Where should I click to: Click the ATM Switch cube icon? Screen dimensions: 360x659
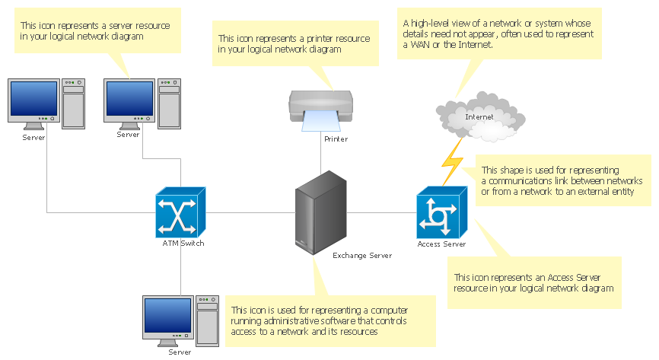pos(180,214)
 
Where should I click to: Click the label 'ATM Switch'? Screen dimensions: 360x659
pos(183,244)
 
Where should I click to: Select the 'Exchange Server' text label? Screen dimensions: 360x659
pos(362,256)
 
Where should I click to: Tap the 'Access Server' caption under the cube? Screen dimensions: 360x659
pos(441,244)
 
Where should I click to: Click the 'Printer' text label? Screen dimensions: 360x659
pos(336,139)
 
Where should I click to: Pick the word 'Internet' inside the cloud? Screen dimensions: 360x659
pos(479,117)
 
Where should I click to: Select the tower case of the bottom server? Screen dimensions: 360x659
pos(206,320)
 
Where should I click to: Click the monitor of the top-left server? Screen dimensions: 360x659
pos(32,101)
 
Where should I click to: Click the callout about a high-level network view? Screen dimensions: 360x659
pos(498,33)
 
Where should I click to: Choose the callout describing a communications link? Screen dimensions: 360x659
pos(562,180)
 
